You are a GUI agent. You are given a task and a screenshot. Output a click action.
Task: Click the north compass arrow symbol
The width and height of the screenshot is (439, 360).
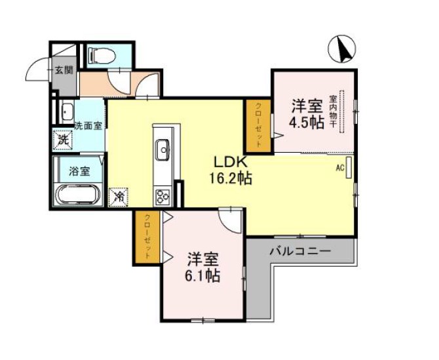[342, 49]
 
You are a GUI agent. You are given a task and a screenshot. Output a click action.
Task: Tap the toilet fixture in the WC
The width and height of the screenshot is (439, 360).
[102, 56]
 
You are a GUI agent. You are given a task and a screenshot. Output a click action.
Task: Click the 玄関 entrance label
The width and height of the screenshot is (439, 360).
[64, 70]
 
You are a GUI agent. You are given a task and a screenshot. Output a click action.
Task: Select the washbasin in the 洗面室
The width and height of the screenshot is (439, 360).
[67, 111]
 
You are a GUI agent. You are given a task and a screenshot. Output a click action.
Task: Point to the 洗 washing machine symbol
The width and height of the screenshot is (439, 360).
[63, 140]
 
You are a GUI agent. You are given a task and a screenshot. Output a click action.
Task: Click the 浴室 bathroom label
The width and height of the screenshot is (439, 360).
[79, 171]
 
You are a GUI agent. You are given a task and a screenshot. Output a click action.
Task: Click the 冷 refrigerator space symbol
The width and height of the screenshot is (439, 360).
[119, 197]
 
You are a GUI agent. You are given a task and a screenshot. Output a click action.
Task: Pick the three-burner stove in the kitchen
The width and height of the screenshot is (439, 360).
[162, 197]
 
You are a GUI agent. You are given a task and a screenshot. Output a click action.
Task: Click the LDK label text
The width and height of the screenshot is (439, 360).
[231, 163]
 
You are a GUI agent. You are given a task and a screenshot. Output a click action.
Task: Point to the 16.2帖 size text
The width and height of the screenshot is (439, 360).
[231, 178]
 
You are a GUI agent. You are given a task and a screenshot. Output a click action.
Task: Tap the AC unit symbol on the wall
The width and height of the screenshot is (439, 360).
[349, 167]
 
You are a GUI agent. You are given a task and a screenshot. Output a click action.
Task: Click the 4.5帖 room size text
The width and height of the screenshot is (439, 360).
[307, 123]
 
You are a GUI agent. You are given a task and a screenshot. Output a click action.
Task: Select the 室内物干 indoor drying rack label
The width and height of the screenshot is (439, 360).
[333, 111]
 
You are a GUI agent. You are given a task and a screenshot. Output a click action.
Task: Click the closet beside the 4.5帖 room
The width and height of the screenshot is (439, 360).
[258, 126]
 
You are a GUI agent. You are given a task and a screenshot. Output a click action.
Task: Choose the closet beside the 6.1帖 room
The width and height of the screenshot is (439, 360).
[147, 237]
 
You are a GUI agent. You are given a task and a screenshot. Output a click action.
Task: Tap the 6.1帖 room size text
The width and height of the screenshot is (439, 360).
[202, 276]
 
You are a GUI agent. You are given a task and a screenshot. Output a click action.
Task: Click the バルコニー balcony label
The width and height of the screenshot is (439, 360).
[300, 251]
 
